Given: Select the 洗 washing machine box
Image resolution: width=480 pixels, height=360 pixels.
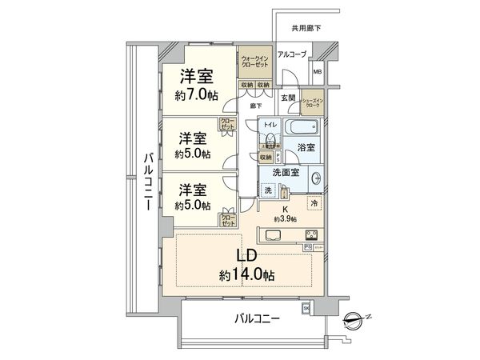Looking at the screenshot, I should point(268,190).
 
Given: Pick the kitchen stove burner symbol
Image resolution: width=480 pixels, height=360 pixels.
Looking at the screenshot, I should point(311,234).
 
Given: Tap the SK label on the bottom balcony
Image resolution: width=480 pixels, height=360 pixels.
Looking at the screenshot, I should point(305,308).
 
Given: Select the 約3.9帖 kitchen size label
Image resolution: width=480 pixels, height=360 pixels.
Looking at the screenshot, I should point(284,218).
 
